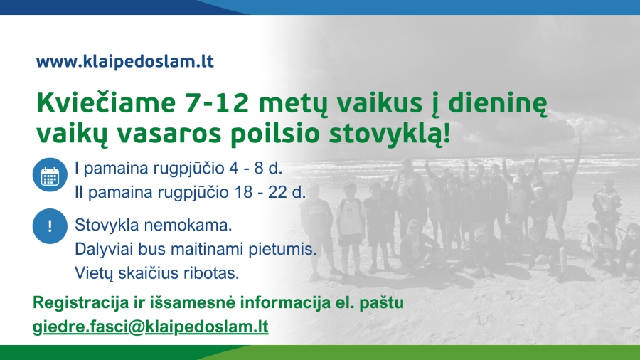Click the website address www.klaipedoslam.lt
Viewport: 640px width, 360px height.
tap(125, 62)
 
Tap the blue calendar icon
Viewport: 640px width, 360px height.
tap(50, 175)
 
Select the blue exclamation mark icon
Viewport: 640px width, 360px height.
tap(50, 226)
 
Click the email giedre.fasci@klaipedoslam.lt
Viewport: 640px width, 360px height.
tap(151, 327)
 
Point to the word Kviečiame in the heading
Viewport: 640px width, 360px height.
tap(106, 103)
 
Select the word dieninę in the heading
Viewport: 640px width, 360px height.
tap(497, 104)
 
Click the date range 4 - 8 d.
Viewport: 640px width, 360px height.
tap(256, 168)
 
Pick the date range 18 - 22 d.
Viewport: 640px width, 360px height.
tap(270, 192)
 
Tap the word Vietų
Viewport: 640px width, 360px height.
tap(94, 273)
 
